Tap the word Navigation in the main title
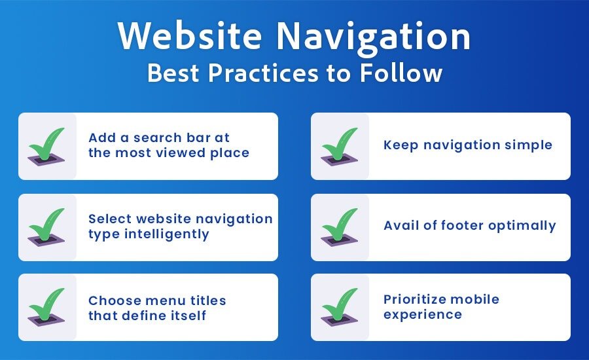(x=374, y=39)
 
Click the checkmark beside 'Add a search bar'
(x=47, y=146)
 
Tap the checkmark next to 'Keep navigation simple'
(x=340, y=146)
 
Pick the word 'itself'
(x=187, y=315)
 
